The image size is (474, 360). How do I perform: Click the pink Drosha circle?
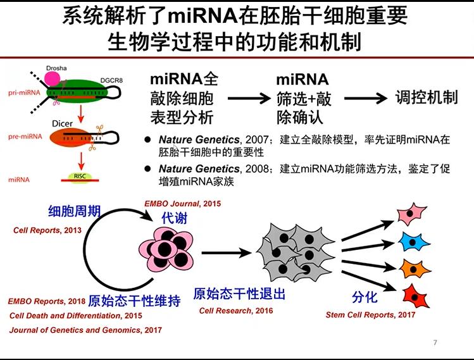[x=52, y=78]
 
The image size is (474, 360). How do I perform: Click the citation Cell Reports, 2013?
[x=47, y=230]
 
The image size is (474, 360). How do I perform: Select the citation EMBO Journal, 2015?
[x=183, y=204]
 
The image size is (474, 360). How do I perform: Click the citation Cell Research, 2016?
[x=236, y=311]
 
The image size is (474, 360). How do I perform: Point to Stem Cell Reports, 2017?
[x=370, y=314]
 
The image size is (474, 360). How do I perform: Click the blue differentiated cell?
[x=415, y=242]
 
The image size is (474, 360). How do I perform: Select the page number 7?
[x=435, y=343]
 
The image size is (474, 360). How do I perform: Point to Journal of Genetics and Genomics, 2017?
[x=85, y=330]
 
